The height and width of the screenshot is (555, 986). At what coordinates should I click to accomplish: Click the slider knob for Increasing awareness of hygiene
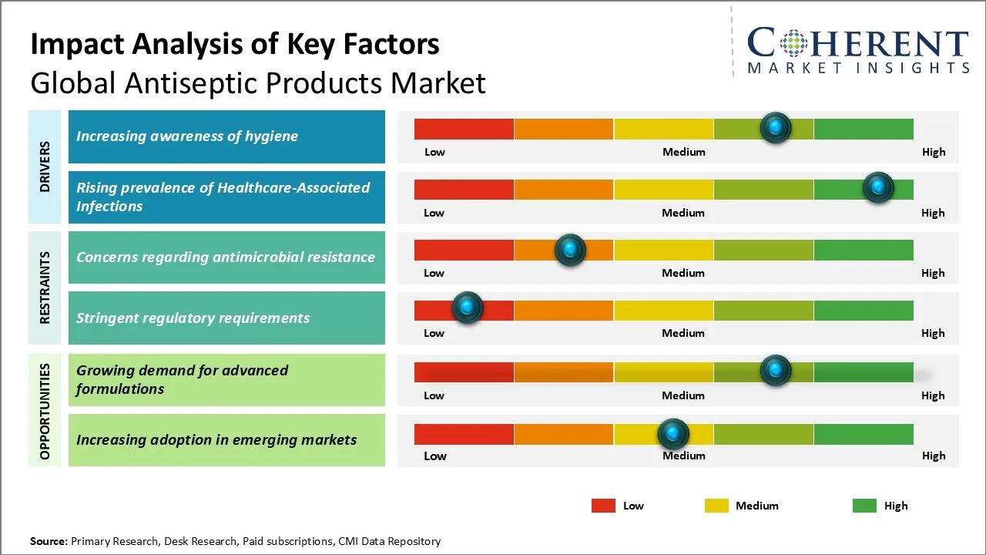776,127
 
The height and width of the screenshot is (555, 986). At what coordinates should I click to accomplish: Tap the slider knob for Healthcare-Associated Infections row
877,187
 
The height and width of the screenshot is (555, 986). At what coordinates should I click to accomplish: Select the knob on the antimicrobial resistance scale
570,249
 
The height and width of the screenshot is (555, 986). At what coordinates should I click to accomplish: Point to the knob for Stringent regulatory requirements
467,308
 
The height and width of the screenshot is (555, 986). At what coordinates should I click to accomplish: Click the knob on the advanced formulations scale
776,370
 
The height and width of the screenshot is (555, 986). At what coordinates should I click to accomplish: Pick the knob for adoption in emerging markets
673,434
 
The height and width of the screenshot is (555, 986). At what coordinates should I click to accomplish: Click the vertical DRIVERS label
45,166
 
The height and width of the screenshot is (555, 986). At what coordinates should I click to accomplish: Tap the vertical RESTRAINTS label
45,287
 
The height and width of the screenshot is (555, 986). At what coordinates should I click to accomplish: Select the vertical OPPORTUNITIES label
45,411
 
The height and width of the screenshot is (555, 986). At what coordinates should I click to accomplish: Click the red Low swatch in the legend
603,506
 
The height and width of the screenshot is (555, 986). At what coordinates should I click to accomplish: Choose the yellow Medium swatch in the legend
716,506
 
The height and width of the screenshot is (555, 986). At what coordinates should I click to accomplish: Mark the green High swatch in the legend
864,506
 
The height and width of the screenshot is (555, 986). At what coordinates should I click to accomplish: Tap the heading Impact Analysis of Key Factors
235,44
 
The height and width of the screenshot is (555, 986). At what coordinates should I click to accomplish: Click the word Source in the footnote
49,541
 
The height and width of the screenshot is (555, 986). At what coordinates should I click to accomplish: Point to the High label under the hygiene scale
933,152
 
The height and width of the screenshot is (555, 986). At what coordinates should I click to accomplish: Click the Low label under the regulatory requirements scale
434,333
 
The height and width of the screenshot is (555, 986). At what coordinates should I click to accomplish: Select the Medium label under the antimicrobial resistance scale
683,273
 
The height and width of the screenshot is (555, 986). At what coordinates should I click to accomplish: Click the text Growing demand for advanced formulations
182,379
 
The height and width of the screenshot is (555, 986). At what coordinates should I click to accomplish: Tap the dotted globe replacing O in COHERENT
793,43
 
